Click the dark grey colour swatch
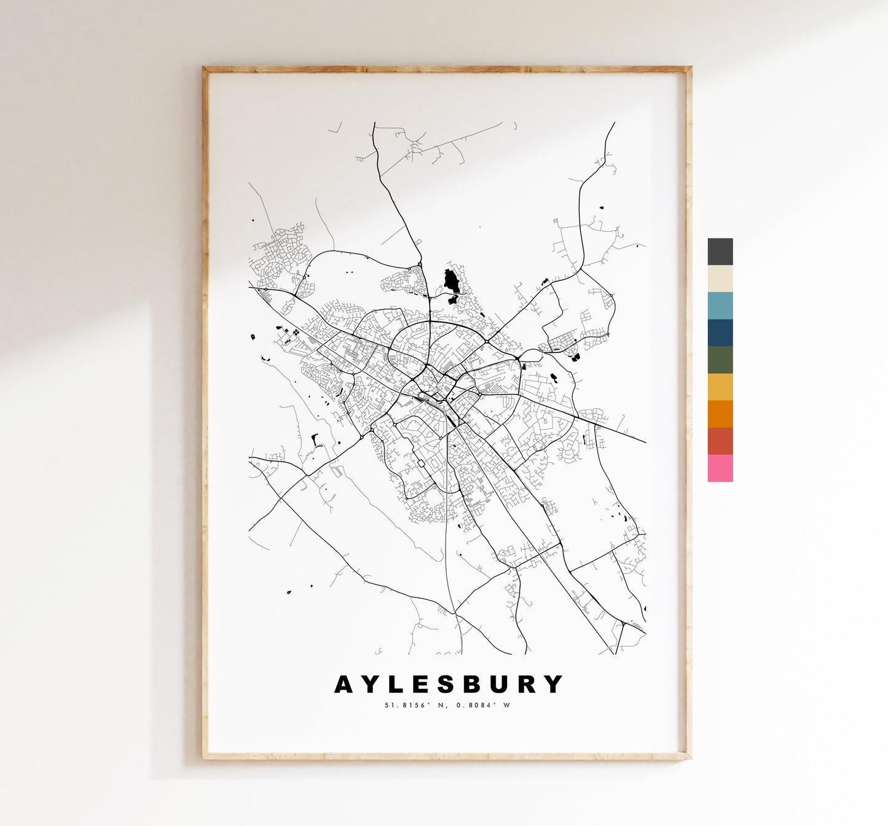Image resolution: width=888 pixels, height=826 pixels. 720,251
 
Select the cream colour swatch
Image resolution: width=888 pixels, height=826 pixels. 720,278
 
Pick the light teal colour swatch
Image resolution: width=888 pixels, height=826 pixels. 720,305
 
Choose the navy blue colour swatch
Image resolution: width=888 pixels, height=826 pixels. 720,332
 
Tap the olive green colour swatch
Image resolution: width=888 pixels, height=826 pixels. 720,360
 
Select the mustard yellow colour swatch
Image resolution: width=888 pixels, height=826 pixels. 720,387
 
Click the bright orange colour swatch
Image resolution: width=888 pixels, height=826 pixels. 720,414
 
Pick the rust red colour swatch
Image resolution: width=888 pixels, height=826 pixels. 720,441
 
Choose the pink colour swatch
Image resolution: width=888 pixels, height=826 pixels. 720,468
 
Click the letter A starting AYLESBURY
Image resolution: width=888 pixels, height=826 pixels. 344,684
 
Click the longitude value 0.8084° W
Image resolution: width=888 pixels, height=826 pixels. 482,705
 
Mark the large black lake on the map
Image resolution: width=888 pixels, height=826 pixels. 452,282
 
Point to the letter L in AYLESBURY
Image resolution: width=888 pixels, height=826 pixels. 397,684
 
